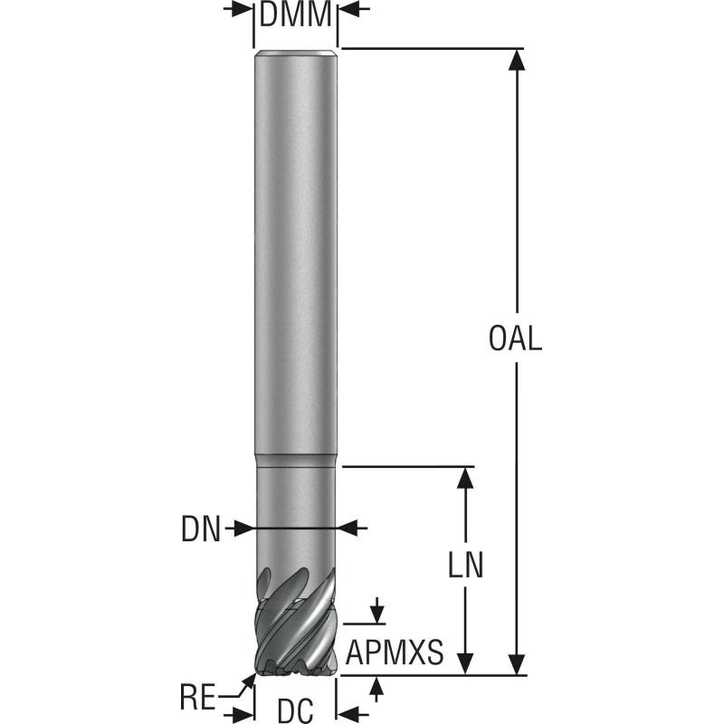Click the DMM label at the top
click(x=295, y=15)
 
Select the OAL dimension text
click(x=515, y=339)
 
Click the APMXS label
click(x=395, y=652)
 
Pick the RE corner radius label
click(x=197, y=698)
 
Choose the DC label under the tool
click(x=294, y=709)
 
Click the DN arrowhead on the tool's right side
click(x=350, y=528)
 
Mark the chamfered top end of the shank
click(x=296, y=54)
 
